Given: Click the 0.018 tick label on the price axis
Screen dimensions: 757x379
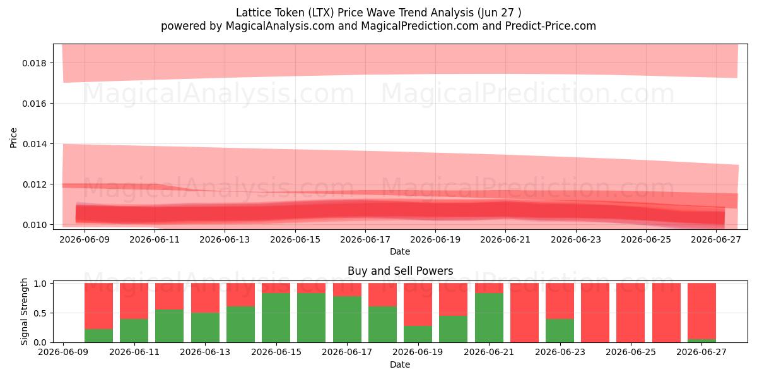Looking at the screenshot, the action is click(34, 63).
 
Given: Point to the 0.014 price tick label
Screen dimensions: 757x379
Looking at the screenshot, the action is click(34, 144).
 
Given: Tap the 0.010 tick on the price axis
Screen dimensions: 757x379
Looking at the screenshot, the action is click(34, 225).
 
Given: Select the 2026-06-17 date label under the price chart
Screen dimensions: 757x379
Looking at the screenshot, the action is click(365, 239).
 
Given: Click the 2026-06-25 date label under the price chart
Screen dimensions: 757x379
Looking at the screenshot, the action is click(646, 239).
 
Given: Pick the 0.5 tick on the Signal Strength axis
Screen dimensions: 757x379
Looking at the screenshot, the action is click(40, 313).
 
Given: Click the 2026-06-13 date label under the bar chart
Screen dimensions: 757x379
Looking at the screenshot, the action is click(205, 352).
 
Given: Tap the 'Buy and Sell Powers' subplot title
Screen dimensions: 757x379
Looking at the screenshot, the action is click(400, 271).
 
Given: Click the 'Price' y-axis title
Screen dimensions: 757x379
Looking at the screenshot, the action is click(13, 138).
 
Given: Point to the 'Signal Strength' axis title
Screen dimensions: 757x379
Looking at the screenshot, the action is click(24, 311).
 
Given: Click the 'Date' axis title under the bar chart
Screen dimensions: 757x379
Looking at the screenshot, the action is click(400, 364).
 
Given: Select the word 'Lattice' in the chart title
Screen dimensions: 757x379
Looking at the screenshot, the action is click(253, 13).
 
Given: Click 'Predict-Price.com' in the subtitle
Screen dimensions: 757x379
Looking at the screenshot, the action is click(551, 26).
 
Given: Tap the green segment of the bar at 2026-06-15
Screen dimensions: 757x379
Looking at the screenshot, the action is click(276, 318).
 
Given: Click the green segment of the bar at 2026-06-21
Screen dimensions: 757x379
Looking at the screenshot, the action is click(489, 318).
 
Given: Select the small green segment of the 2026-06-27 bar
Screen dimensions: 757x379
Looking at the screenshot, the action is click(701, 340).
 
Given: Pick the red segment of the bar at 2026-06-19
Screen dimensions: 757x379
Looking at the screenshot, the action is click(418, 304).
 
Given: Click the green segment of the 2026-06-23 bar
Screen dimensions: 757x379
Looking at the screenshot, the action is click(560, 330).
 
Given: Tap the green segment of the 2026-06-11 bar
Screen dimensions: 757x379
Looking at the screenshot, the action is click(134, 330).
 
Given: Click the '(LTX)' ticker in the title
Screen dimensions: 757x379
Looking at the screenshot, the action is click(320, 13).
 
